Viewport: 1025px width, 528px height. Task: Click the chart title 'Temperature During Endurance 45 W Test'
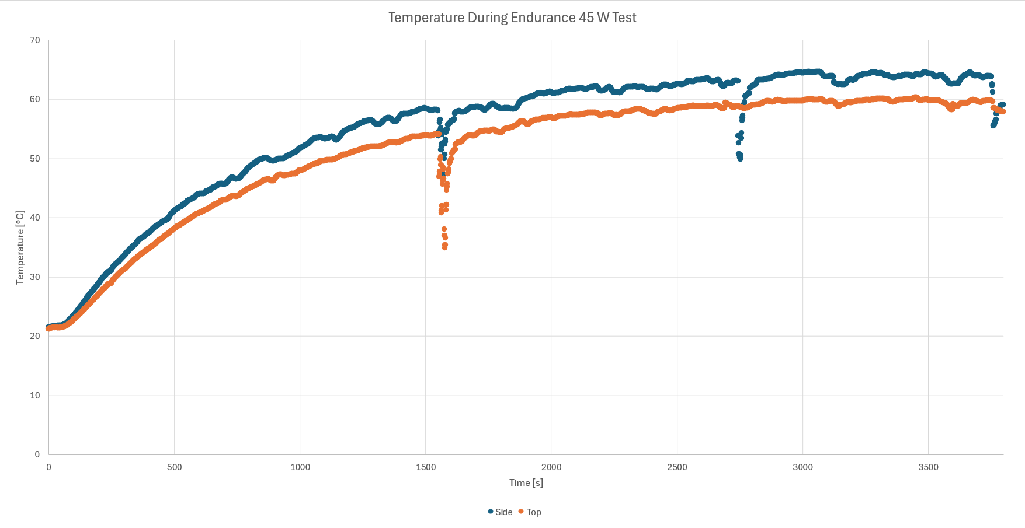(512, 18)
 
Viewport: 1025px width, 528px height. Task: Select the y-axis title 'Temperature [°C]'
(20, 247)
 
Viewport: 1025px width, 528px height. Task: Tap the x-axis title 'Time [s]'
(526, 482)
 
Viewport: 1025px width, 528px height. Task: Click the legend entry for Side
(501, 512)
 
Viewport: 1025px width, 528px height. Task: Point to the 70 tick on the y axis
(35, 40)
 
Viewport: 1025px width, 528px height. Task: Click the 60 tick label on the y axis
(35, 99)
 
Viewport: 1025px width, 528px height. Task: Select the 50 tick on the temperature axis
(35, 159)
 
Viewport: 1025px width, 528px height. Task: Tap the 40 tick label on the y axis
(35, 218)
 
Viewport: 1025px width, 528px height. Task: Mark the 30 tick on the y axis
(35, 277)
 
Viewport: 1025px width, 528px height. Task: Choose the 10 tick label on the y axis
(35, 396)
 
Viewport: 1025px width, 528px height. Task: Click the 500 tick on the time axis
(174, 467)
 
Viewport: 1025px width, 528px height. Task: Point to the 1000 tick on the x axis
(300, 467)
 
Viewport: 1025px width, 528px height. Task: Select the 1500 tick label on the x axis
(426, 467)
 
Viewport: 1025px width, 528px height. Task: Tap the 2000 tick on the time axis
(551, 467)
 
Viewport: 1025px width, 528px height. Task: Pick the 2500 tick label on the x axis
(677, 467)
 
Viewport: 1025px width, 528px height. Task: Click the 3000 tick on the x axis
(802, 467)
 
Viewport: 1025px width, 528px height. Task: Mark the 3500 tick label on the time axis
(928, 467)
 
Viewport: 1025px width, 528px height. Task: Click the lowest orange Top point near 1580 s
(444, 247)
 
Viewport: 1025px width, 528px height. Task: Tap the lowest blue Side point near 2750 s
(740, 158)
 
